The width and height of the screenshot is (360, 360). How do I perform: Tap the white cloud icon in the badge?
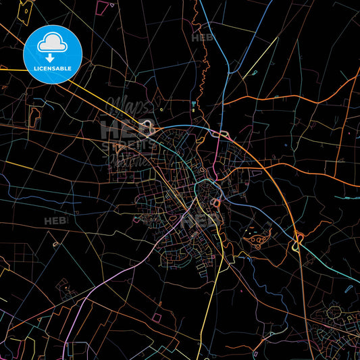tap(53, 43)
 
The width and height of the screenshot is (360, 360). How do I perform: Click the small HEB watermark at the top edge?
tap(202, 38)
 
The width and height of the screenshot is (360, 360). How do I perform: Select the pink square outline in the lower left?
tap(157, 317)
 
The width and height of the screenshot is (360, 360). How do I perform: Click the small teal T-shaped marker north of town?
tap(194, 106)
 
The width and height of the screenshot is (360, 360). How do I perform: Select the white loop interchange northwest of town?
tap(148, 126)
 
